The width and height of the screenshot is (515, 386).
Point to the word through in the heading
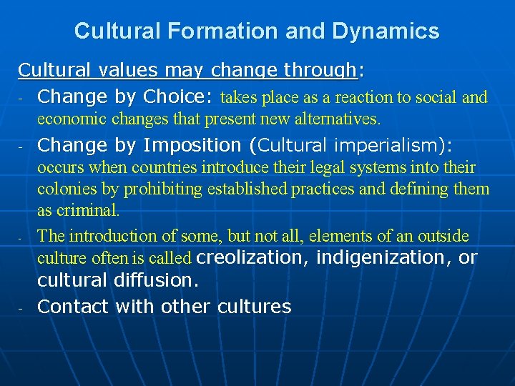coord(320,70)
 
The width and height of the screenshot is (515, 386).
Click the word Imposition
coord(192,145)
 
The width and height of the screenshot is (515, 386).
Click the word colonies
coord(67,189)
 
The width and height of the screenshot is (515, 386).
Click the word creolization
coord(249,257)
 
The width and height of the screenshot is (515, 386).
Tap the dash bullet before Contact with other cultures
coord(21,308)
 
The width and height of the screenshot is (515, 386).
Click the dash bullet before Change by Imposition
coord(21,147)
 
